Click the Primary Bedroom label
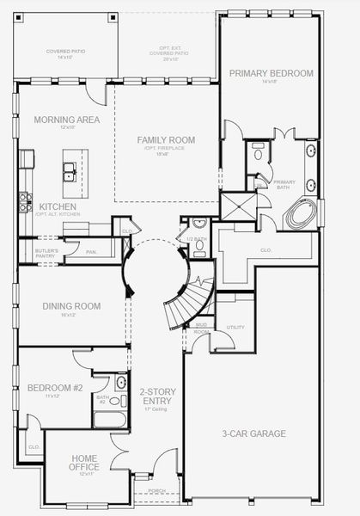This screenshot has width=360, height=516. [271, 74]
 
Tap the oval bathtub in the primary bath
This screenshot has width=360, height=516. [301, 213]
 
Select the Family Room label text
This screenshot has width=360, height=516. [166, 139]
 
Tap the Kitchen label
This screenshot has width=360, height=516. [57, 207]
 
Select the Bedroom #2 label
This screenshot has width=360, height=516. [54, 388]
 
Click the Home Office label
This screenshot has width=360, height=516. [84, 463]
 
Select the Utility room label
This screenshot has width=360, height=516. [235, 328]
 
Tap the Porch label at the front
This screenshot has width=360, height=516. [157, 492]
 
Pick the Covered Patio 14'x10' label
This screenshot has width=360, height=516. [64, 54]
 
